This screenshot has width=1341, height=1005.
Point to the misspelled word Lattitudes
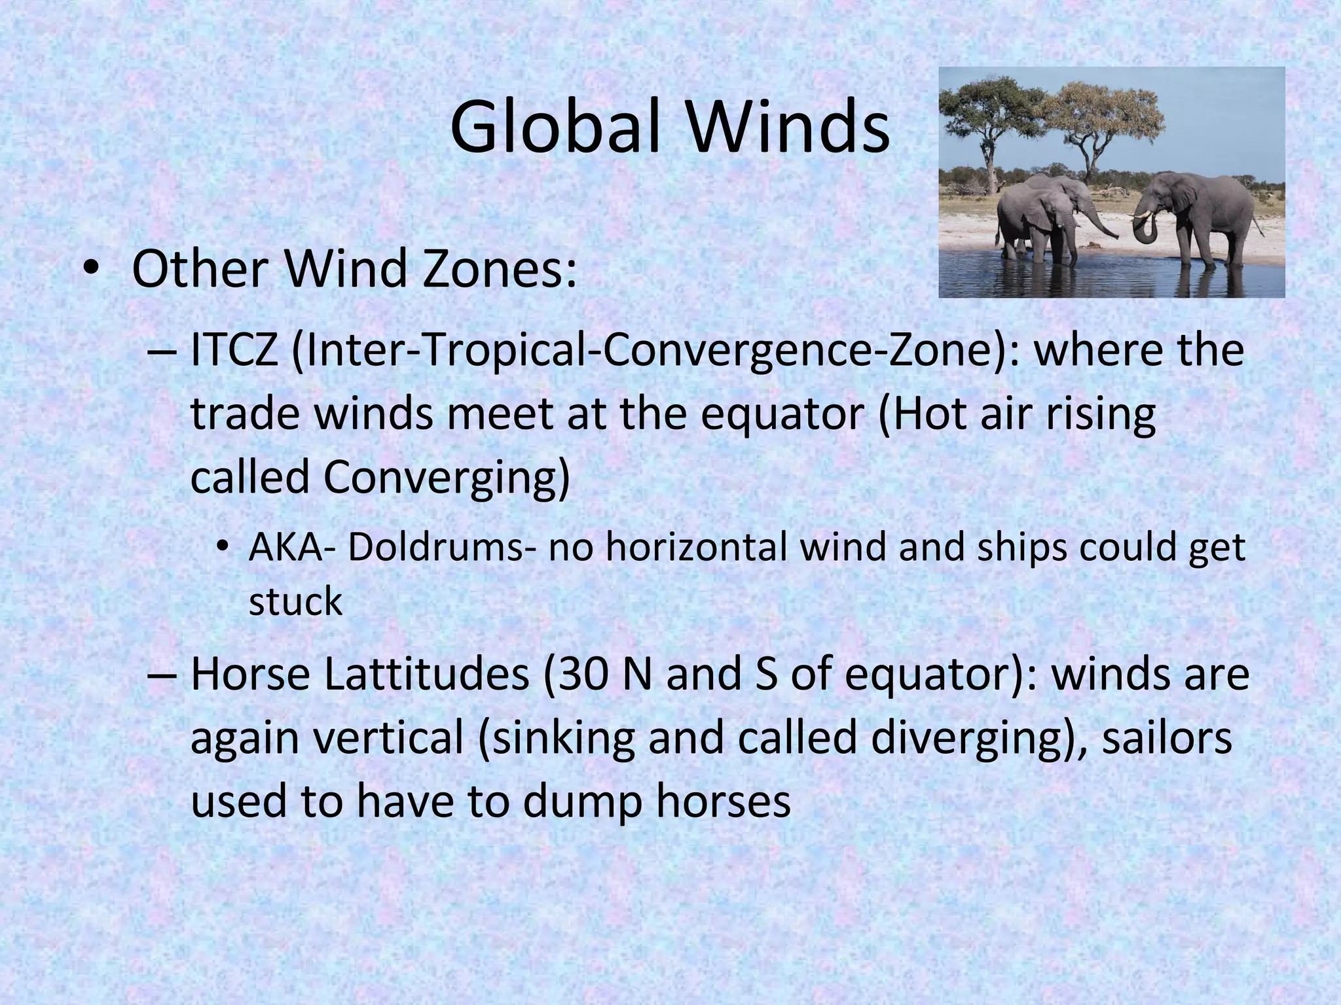pos(426,675)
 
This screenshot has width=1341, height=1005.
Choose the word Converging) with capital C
pos(446,478)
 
